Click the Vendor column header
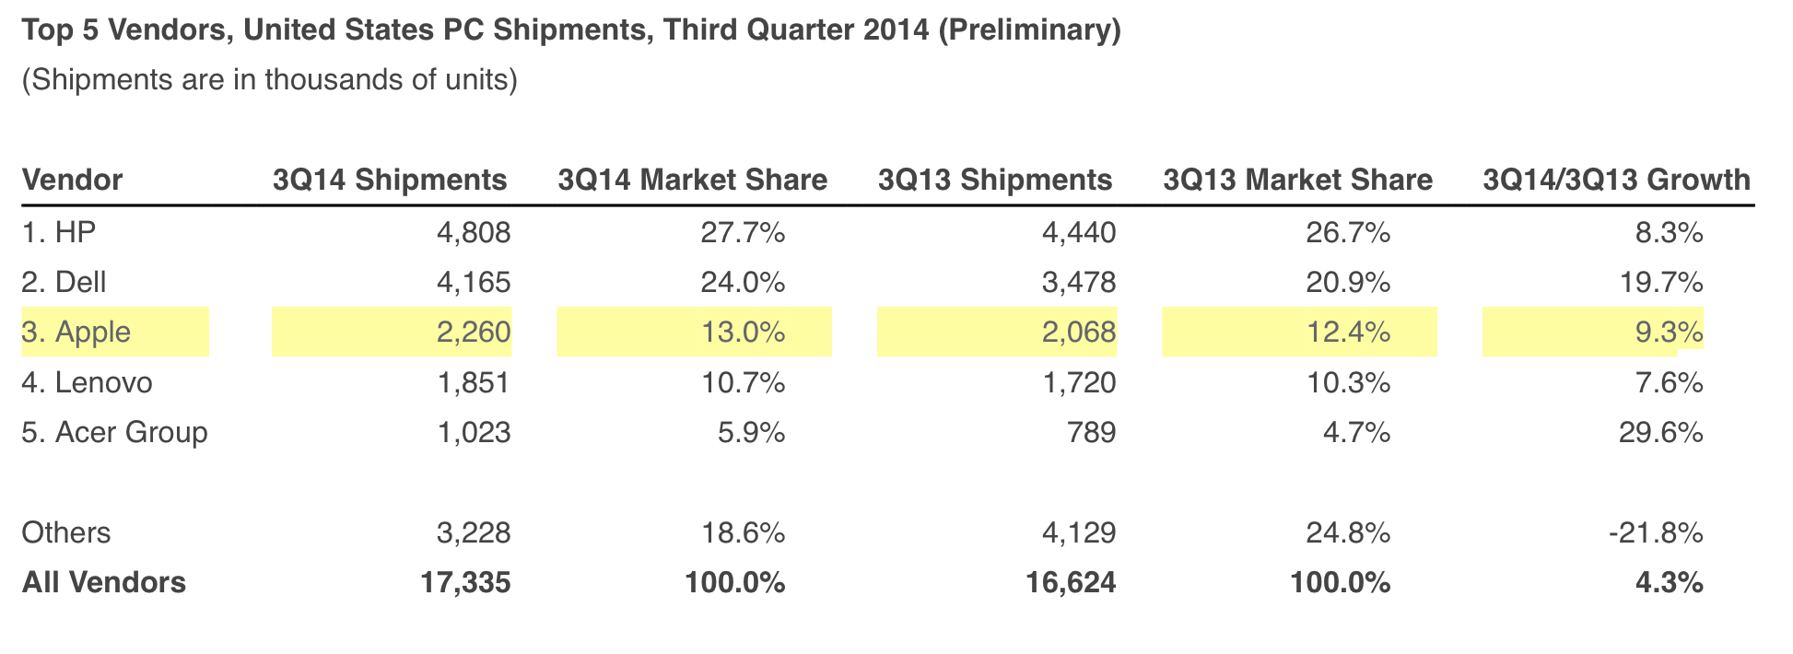[x=72, y=180]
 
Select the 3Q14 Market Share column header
[x=692, y=180]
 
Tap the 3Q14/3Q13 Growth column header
[x=1616, y=180]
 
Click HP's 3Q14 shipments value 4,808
[x=474, y=232]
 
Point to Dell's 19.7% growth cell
[x=1661, y=282]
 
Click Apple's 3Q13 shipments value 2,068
[x=1079, y=332]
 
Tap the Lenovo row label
[x=87, y=382]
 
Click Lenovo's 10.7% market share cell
[x=743, y=382]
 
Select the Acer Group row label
[x=114, y=432]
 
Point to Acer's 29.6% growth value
[x=1661, y=432]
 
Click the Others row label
[x=65, y=532]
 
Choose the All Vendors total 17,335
[x=465, y=582]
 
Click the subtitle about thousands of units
[x=269, y=80]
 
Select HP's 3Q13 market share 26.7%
[x=1348, y=232]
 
